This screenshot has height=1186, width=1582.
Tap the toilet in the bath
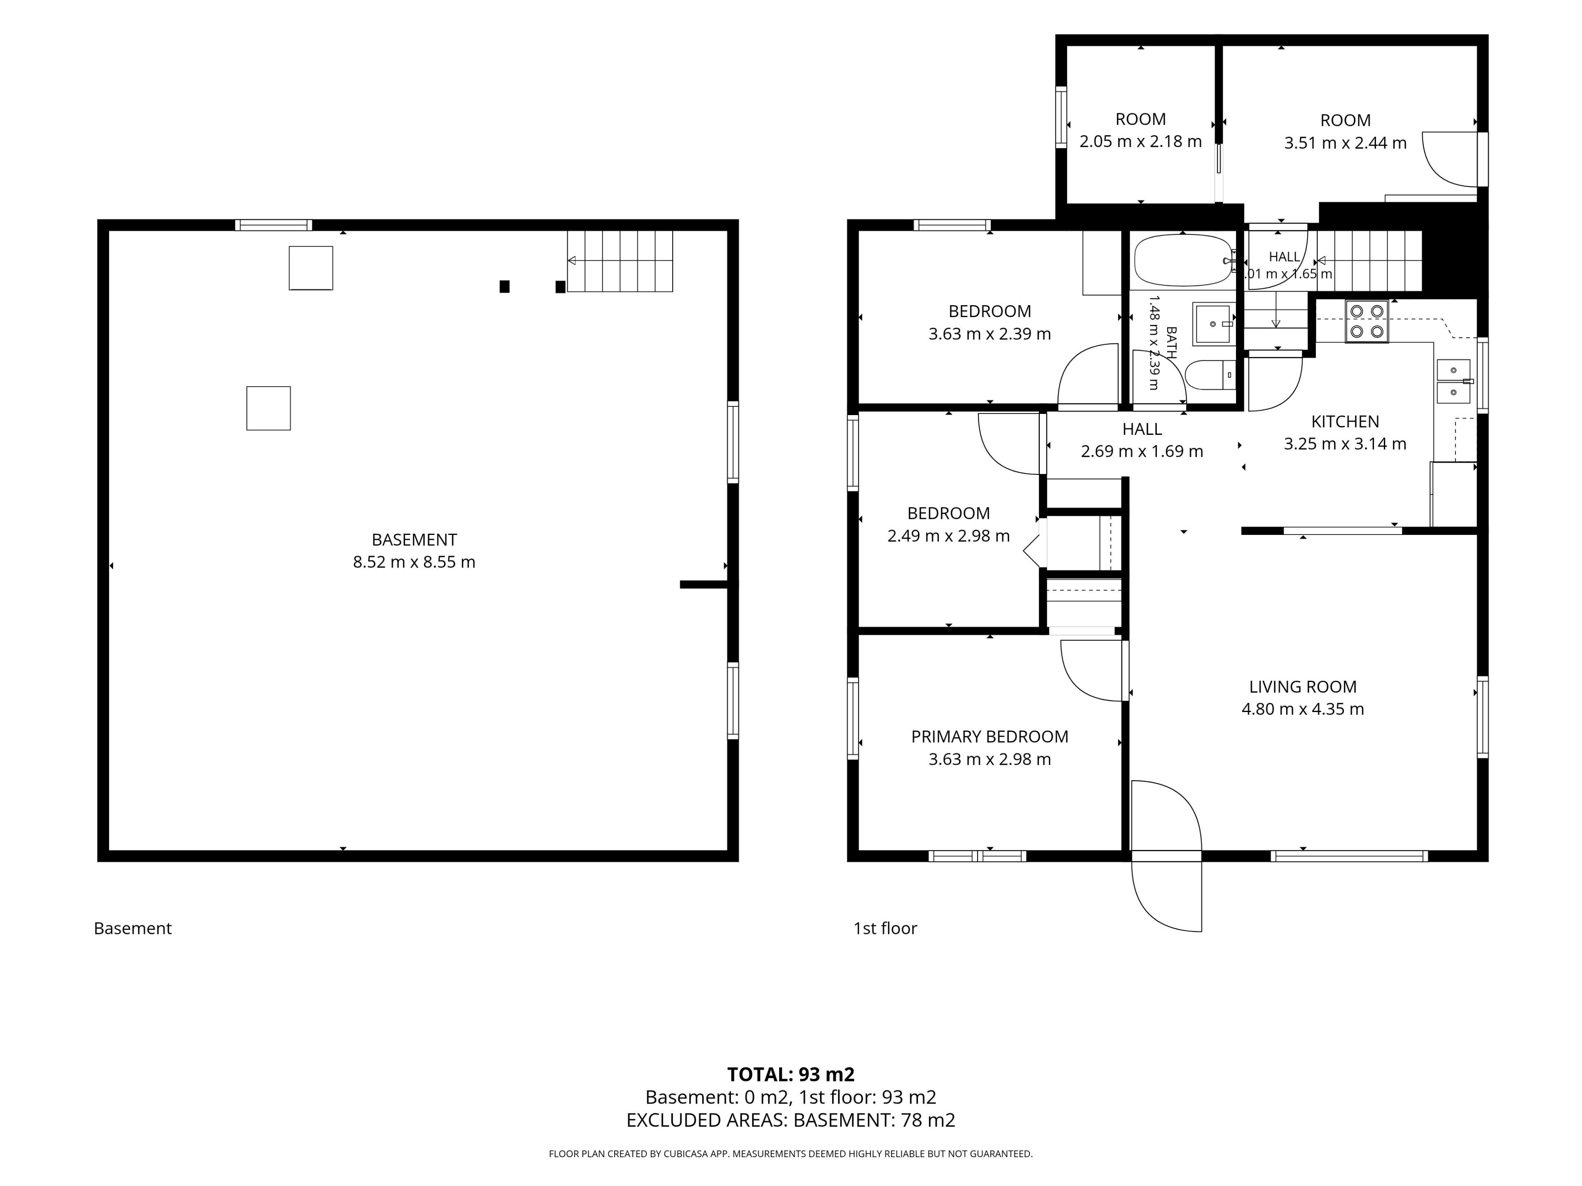tap(1210, 375)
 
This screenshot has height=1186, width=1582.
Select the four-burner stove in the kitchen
tap(1366, 321)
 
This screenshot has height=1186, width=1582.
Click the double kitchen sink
tap(1454, 381)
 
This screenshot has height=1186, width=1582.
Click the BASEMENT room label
tap(414, 540)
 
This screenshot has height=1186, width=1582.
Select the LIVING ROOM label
tap(1302, 687)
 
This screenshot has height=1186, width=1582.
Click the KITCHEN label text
tap(1345, 422)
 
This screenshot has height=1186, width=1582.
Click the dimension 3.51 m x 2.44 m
tap(1345, 143)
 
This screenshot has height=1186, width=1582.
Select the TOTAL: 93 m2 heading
tap(791, 1074)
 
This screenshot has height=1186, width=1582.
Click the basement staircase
tap(620, 261)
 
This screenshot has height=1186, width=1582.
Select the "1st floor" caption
tap(885, 929)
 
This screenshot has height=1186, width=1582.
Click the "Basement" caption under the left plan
tap(133, 929)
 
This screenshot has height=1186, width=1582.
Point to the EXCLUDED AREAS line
tap(791, 1120)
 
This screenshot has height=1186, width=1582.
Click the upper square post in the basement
tap(310, 268)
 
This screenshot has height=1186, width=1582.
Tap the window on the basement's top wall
tap(274, 225)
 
